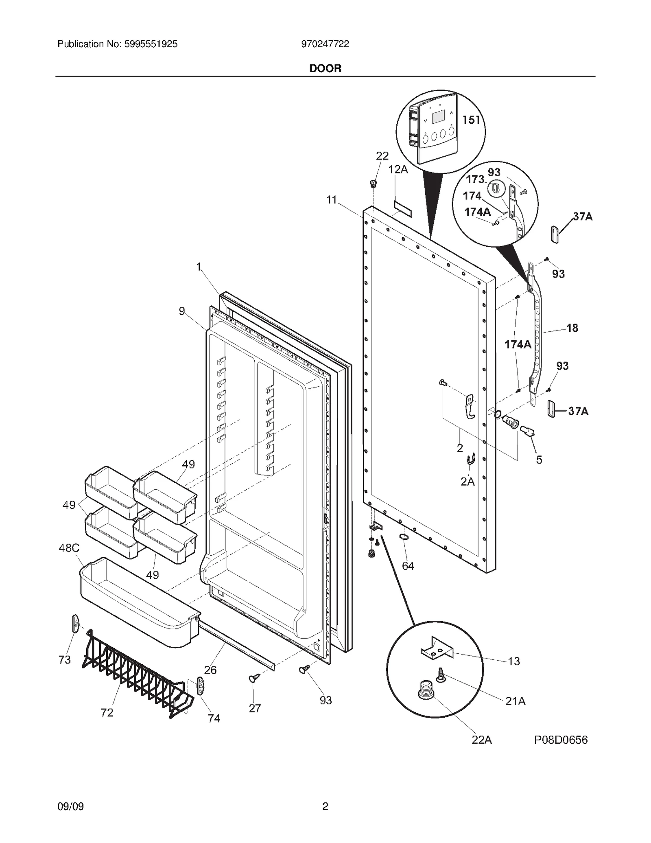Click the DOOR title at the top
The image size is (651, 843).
point(325,68)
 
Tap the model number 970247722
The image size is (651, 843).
point(325,44)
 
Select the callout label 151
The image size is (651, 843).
point(471,120)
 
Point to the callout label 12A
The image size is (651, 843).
point(398,169)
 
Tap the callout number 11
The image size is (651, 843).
point(332,200)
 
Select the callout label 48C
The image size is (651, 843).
point(69,548)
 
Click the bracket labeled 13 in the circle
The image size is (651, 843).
point(437,650)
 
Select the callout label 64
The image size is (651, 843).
point(408,566)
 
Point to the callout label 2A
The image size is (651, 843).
point(467,482)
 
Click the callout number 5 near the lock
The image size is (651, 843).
point(539,460)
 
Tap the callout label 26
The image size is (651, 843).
point(210,670)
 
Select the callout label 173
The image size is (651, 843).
point(475,180)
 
